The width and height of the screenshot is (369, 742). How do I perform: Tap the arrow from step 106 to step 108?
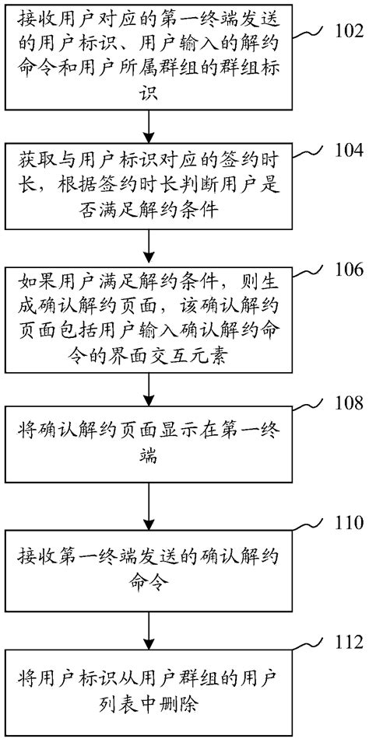(x=148, y=388)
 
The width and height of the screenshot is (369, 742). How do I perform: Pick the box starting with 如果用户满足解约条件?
(x=148, y=322)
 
